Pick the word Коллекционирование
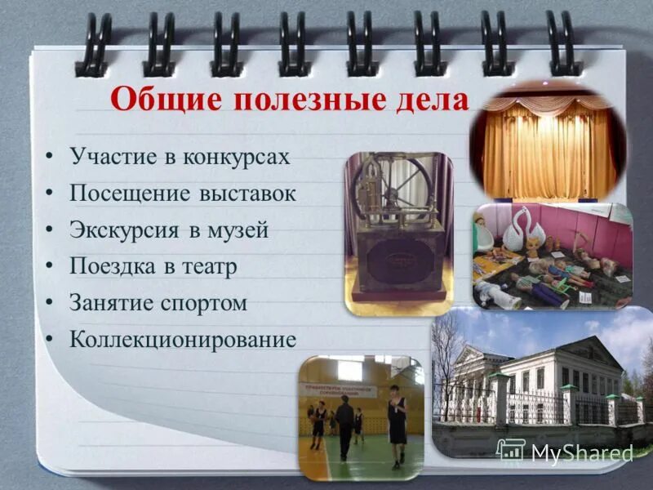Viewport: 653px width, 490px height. pos(182,339)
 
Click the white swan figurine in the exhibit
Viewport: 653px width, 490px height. pos(518,229)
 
